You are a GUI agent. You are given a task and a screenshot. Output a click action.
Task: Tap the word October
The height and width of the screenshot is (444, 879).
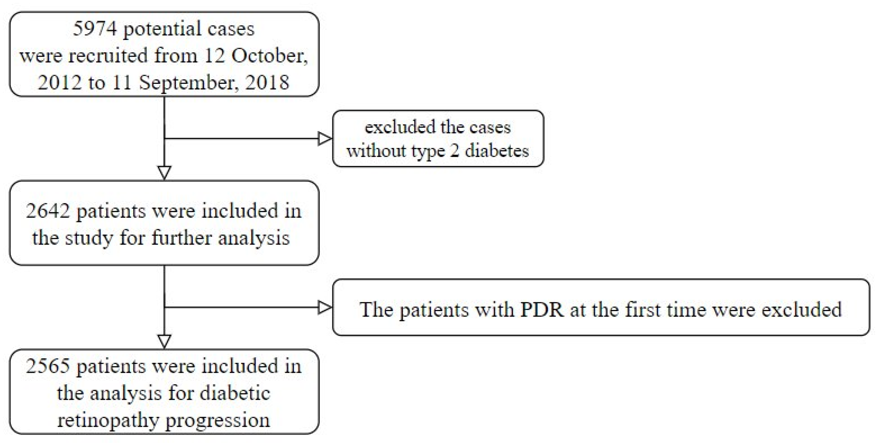269,56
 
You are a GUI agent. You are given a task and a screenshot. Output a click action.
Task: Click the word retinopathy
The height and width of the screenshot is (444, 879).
108,420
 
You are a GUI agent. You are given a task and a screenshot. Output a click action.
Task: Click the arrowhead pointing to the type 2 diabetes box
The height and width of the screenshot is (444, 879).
324,139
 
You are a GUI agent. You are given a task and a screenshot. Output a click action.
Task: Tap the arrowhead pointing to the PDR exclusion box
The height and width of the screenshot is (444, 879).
324,307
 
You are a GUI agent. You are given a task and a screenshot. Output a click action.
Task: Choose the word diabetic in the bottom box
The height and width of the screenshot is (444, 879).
235,393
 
